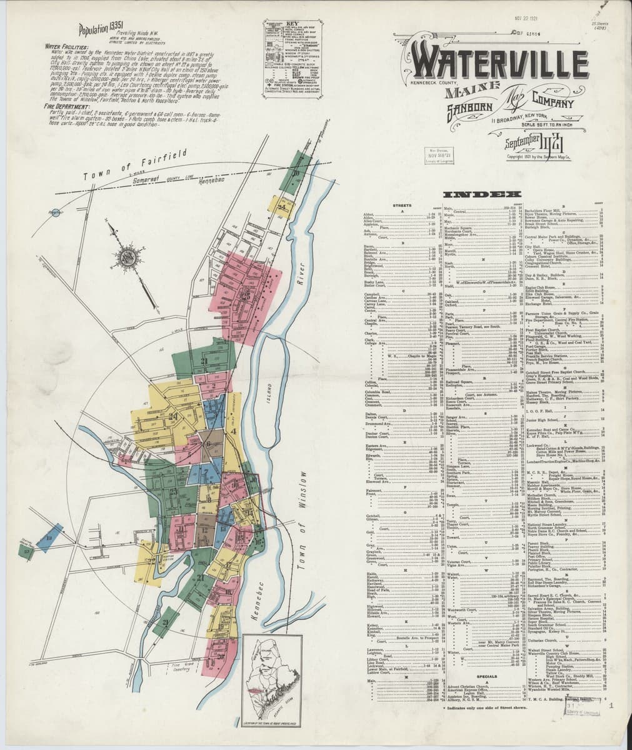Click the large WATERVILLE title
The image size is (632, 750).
tap(499, 63)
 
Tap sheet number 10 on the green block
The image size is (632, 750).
tap(296, 172)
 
